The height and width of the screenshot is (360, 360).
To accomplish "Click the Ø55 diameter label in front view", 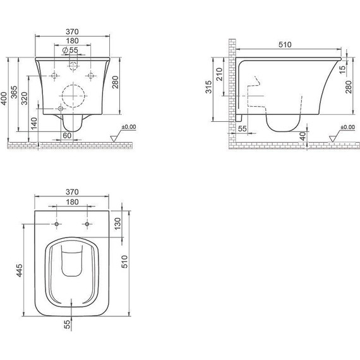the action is pos(70,50).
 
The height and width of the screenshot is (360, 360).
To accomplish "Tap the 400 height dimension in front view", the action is pos(4,99).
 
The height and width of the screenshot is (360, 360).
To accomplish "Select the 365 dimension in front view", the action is pos(15,92).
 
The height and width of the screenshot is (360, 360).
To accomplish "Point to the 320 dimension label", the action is pos(25,99).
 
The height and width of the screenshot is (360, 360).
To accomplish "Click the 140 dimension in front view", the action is pos(34,124).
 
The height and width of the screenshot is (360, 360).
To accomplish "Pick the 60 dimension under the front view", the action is pos(67,135).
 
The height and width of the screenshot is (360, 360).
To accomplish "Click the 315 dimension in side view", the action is pos(208,87).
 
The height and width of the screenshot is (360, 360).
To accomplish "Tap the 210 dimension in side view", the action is pos(220,74).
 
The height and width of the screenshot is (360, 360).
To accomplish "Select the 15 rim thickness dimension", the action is pos(342,69).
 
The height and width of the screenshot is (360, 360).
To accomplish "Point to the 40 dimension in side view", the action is pos(303,136).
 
